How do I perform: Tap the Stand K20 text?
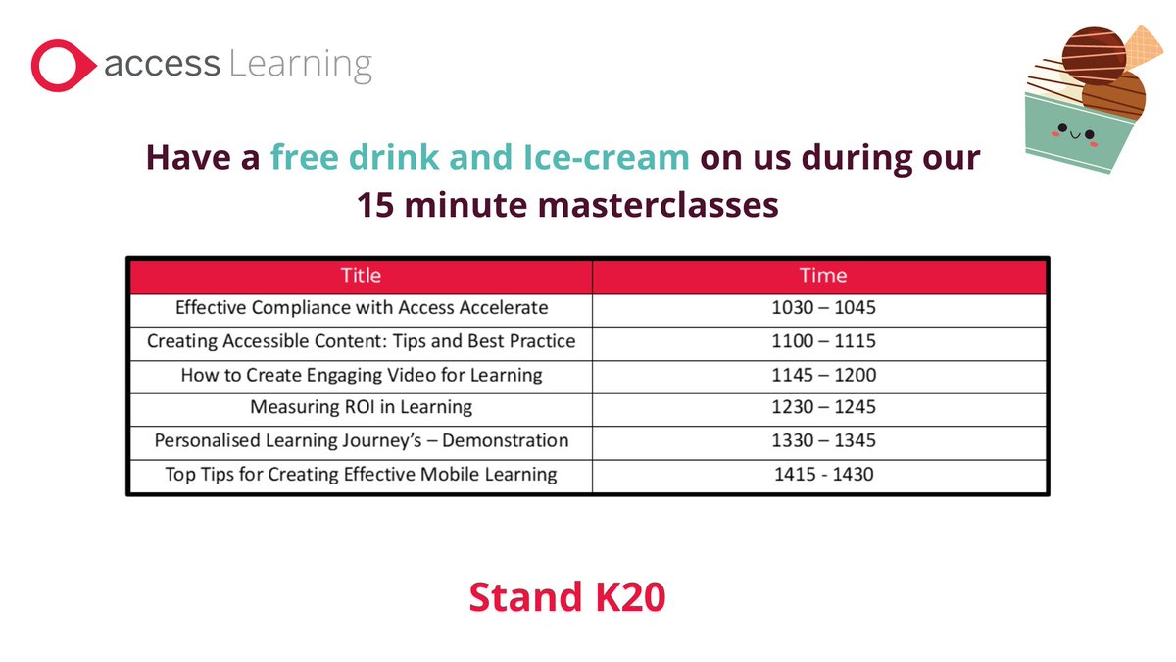click(566, 596)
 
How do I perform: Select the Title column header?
click(361, 276)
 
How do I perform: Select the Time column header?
click(822, 276)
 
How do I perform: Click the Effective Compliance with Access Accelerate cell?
click(361, 308)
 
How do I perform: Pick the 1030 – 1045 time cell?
click(822, 308)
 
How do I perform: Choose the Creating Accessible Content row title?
click(361, 341)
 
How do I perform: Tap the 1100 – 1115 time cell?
click(822, 341)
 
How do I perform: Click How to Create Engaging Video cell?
click(361, 375)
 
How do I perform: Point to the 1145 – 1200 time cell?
click(822, 375)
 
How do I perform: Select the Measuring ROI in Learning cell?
click(361, 407)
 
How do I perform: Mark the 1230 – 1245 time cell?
click(822, 407)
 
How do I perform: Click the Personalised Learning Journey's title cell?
click(361, 440)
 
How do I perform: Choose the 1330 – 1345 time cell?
click(822, 440)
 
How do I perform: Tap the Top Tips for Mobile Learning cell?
click(361, 474)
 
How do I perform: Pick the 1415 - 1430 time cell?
click(822, 474)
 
